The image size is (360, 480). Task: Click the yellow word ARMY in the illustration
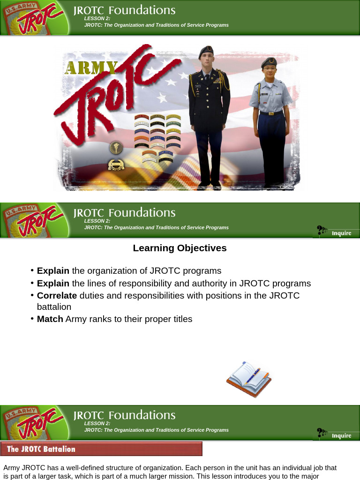90,68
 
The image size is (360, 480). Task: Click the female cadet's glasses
270,69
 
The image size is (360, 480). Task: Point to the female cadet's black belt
271,113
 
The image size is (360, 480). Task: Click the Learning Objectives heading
180,248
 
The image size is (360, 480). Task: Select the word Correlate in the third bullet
57,295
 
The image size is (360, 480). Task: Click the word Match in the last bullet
50,319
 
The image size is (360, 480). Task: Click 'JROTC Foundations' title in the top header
124,10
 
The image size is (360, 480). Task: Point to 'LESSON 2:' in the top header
97,18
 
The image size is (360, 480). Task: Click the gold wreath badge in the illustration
116,165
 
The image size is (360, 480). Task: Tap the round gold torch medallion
116,148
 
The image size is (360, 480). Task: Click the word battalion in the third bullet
54,307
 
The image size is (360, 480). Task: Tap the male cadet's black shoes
209,186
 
